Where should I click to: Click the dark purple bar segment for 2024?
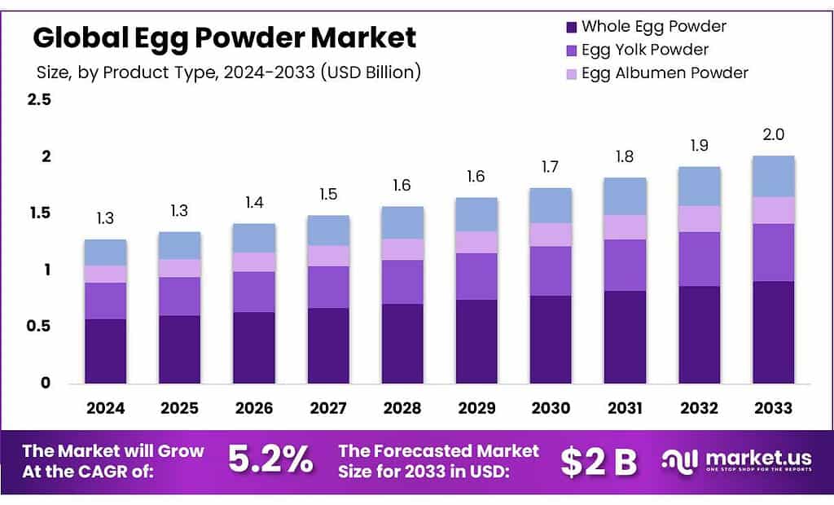pyautogui.click(x=105, y=350)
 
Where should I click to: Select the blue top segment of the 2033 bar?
pyautogui.click(x=773, y=176)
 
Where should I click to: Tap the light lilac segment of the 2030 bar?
pyautogui.click(x=551, y=235)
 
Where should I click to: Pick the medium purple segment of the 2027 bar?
pyautogui.click(x=328, y=287)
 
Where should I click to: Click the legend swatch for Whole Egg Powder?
pyautogui.click(x=570, y=27)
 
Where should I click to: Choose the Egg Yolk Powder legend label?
pyautogui.click(x=645, y=50)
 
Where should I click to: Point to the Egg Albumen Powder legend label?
pyautogui.click(x=665, y=72)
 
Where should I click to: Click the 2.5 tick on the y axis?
pyautogui.click(x=39, y=100)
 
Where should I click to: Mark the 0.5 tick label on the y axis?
pyautogui.click(x=39, y=326)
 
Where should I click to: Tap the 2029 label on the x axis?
pyautogui.click(x=476, y=407)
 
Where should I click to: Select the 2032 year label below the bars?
pyautogui.click(x=699, y=407)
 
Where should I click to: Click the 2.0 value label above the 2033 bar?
pyautogui.click(x=773, y=134)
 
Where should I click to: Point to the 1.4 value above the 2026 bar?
pyautogui.click(x=253, y=203)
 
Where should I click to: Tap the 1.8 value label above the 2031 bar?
pyautogui.click(x=625, y=156)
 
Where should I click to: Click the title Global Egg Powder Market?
pyautogui.click(x=224, y=37)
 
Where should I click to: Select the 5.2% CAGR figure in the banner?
pyautogui.click(x=270, y=461)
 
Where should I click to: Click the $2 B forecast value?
pyautogui.click(x=599, y=461)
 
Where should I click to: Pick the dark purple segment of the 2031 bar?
pyautogui.click(x=625, y=336)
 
